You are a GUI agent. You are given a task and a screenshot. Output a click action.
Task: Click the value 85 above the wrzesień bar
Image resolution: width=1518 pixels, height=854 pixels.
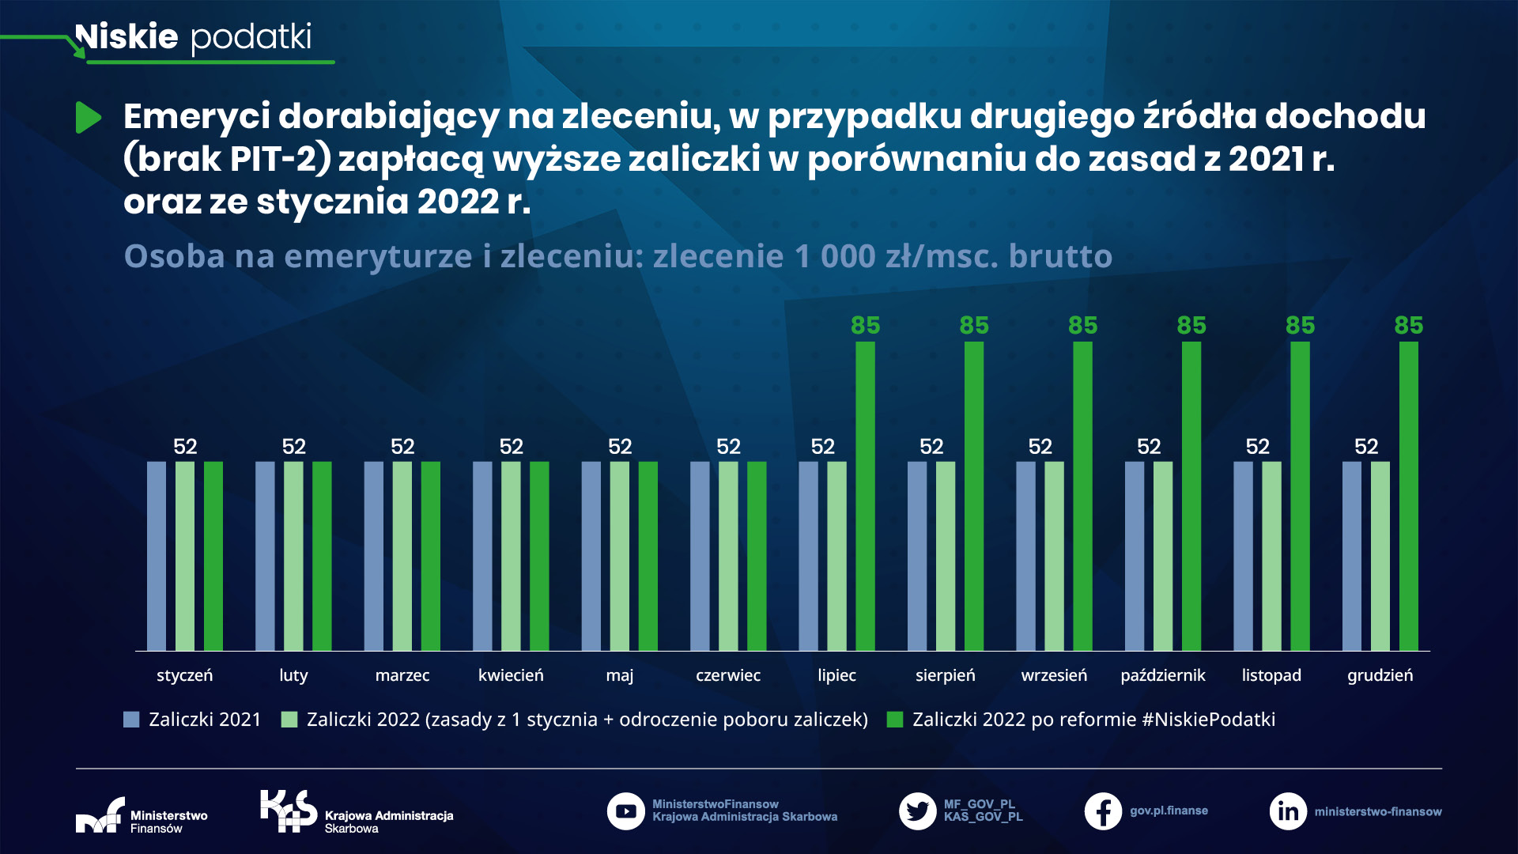[1082, 325]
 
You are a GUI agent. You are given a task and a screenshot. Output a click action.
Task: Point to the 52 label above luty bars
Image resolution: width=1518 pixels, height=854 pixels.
[293, 447]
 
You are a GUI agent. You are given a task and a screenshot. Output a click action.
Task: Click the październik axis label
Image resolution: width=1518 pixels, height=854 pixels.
[1162, 675]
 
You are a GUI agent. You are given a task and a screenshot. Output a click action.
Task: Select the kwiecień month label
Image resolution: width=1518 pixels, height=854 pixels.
[511, 675]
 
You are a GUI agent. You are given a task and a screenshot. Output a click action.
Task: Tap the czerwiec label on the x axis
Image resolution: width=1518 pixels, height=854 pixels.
[727, 675]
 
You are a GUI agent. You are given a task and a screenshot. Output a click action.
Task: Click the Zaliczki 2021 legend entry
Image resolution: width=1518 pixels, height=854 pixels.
[193, 720]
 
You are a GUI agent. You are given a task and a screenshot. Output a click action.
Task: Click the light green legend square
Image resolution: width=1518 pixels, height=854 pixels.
[289, 720]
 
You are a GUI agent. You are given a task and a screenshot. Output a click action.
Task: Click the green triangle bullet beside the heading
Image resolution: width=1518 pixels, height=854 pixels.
[88, 118]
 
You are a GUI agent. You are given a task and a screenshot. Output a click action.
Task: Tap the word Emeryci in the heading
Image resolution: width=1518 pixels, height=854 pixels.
[196, 116]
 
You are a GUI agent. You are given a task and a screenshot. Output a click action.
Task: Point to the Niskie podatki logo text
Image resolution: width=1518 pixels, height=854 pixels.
[194, 37]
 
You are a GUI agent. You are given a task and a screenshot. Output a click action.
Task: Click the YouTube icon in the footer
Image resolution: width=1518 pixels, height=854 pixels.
[625, 811]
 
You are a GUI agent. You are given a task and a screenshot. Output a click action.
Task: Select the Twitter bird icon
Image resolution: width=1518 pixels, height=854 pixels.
[917, 811]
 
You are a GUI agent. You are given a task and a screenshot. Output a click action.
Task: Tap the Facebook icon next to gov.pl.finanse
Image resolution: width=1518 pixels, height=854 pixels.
[1103, 811]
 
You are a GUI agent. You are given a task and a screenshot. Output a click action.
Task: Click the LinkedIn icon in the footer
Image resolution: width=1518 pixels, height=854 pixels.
[1288, 811]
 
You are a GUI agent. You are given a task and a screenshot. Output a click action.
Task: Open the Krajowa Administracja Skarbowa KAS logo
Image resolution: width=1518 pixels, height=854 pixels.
[289, 811]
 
